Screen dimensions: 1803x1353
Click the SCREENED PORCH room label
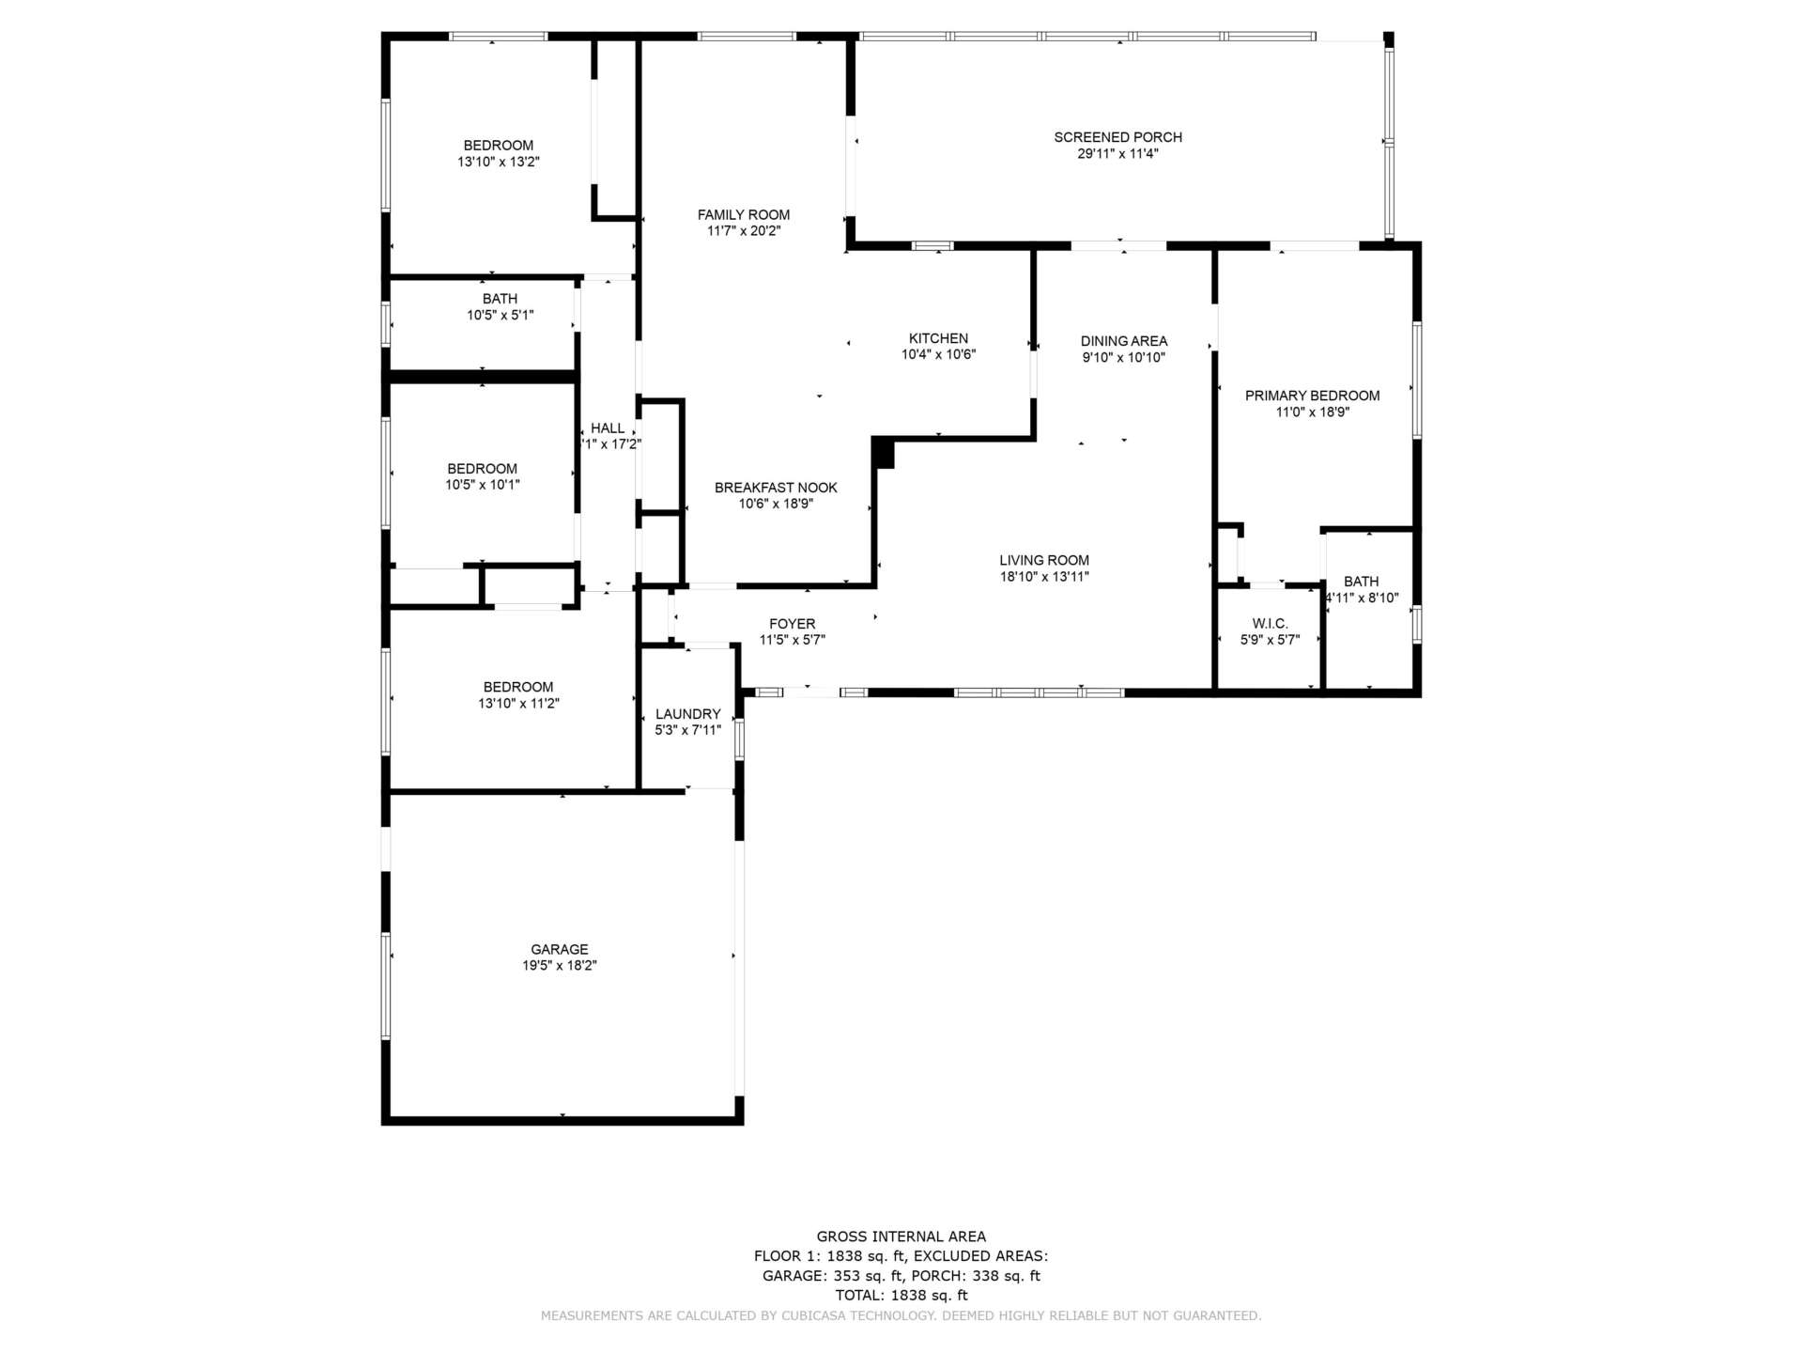pyautogui.click(x=1117, y=137)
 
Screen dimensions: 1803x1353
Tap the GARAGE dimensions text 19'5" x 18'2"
pyautogui.click(x=560, y=965)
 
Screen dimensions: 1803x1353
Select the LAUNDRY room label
pyautogui.click(x=687, y=714)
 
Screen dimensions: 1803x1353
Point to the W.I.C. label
pyautogui.click(x=1270, y=624)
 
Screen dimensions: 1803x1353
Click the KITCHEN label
pyautogui.click(x=938, y=338)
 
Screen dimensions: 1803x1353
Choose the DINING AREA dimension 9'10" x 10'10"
pyautogui.click(x=1124, y=357)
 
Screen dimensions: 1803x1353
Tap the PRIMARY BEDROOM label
pyautogui.click(x=1312, y=396)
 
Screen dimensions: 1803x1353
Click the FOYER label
pyautogui.click(x=792, y=624)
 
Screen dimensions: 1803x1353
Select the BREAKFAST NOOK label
pyautogui.click(x=776, y=488)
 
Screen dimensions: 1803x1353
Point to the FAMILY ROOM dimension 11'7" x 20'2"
pyautogui.click(x=744, y=230)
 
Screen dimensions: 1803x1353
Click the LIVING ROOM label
pyautogui.click(x=1044, y=560)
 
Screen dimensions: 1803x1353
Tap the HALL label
pyautogui.click(x=608, y=428)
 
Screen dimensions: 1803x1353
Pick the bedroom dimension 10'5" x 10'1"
pyautogui.click(x=482, y=485)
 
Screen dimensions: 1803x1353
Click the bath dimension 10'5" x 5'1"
pyautogui.click(x=501, y=315)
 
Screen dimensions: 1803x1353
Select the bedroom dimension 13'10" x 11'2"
pyautogui.click(x=518, y=703)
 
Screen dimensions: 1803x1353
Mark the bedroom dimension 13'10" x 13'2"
pyautogui.click(x=498, y=162)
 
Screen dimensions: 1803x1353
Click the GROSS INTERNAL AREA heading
pyautogui.click(x=901, y=1236)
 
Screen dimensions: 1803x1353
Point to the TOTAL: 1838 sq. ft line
pyautogui.click(x=901, y=1295)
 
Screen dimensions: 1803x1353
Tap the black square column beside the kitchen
pyautogui.click(x=883, y=454)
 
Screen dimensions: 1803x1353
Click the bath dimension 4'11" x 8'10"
pyautogui.click(x=1362, y=598)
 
